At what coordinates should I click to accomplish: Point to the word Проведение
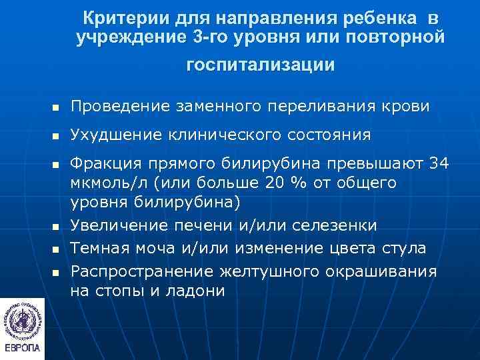tap(117, 107)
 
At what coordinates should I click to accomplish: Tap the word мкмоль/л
tap(107, 183)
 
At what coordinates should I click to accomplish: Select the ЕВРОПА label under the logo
tap(22, 350)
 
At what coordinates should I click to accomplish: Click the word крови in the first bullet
tap(411, 107)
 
